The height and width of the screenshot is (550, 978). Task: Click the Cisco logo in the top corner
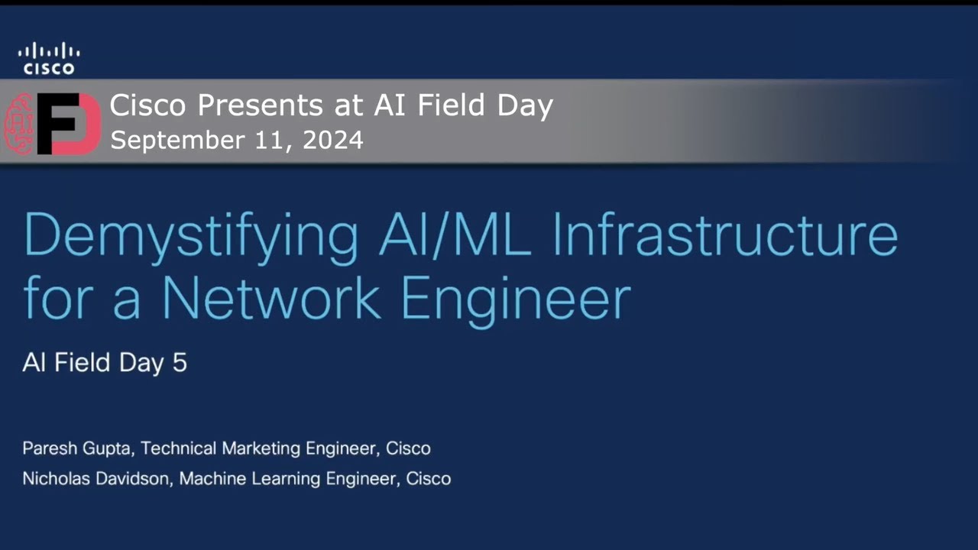(x=49, y=59)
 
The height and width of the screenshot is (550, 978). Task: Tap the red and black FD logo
(x=69, y=123)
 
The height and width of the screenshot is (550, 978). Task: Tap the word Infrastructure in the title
(x=725, y=234)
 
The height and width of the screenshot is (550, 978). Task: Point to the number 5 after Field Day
(x=180, y=362)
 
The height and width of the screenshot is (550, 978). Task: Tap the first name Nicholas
(x=57, y=479)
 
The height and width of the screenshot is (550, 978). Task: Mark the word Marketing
(x=260, y=448)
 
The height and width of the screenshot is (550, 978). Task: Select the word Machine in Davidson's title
(x=212, y=479)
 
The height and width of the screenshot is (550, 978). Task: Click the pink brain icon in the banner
(x=20, y=122)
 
